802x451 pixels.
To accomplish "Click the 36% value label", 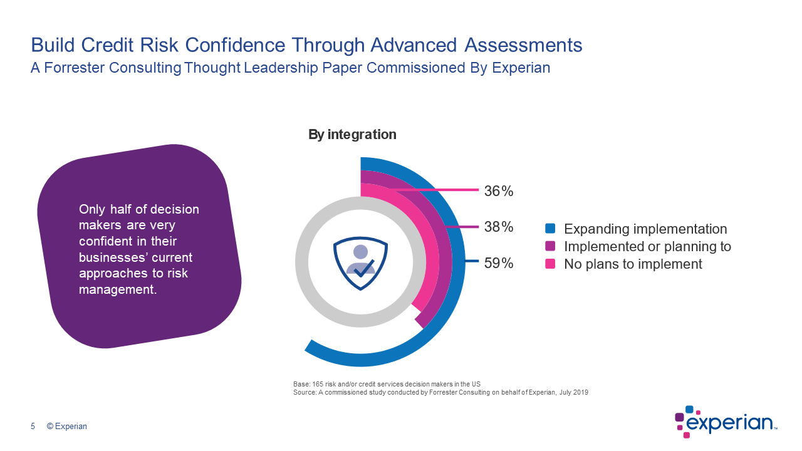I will tap(499, 191).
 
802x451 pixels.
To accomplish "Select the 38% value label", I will tap(499, 227).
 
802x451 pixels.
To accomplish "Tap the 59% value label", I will tap(499, 263).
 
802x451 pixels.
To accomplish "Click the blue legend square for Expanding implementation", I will tap(551, 229).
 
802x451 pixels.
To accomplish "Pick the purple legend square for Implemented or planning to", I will tap(551, 246).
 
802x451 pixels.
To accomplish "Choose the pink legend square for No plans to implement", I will tap(551, 264).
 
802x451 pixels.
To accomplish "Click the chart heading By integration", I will tap(352, 134).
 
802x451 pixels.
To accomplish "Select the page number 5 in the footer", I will tap(33, 427).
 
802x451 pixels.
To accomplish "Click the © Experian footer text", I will tap(67, 427).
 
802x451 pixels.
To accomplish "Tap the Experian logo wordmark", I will tap(731, 423).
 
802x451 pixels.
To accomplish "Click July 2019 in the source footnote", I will tap(572, 393).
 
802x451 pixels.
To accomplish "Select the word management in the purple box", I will tap(117, 289).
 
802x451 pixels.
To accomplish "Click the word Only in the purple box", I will tap(92, 209).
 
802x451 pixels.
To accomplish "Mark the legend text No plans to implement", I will tap(633, 264).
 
